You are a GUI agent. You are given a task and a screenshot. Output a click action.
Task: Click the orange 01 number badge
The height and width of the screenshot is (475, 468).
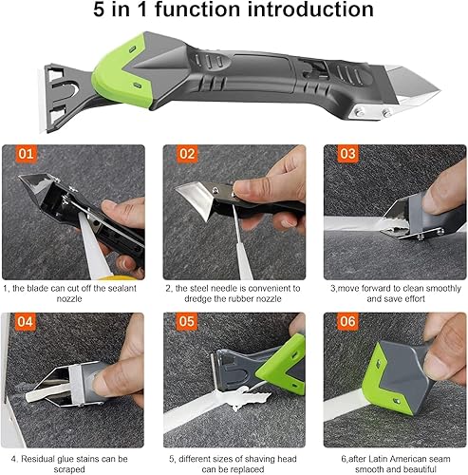(26, 154)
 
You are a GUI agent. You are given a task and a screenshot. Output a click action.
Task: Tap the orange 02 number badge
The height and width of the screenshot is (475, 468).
(187, 154)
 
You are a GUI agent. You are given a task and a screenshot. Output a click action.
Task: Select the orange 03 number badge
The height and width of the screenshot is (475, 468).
(347, 154)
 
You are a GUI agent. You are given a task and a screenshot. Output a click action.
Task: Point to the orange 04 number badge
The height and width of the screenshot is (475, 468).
(26, 322)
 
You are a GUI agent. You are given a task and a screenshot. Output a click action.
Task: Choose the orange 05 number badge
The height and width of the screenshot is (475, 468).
(187, 322)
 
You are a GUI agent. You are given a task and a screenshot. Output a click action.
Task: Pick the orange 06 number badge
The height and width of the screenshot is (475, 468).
(347, 322)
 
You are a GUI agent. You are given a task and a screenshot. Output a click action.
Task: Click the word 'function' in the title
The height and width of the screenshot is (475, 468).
(197, 9)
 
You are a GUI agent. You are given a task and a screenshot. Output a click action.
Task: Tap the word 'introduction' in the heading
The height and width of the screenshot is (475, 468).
(310, 9)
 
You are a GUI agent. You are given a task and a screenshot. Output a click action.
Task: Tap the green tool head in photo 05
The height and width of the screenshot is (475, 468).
(284, 364)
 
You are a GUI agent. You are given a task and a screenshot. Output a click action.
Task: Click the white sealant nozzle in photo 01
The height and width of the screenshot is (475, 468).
(92, 245)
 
